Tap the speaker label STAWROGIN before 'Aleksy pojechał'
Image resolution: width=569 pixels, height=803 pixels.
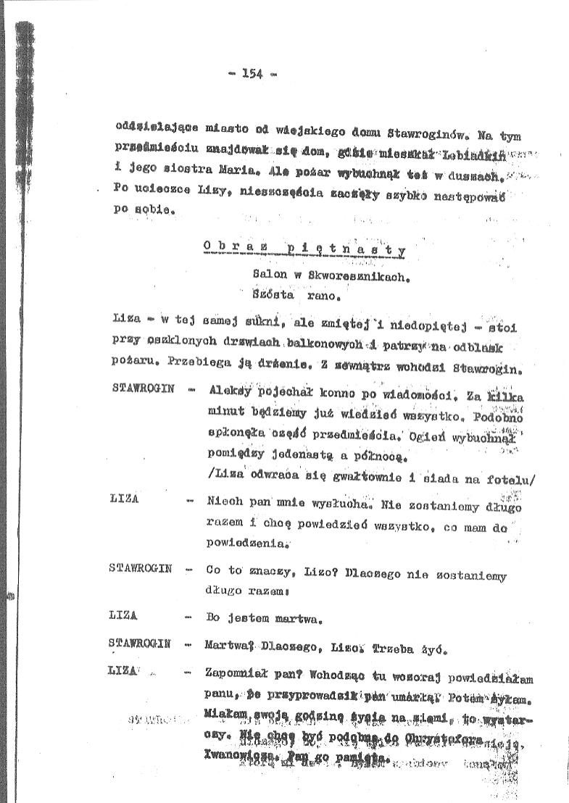144,388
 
